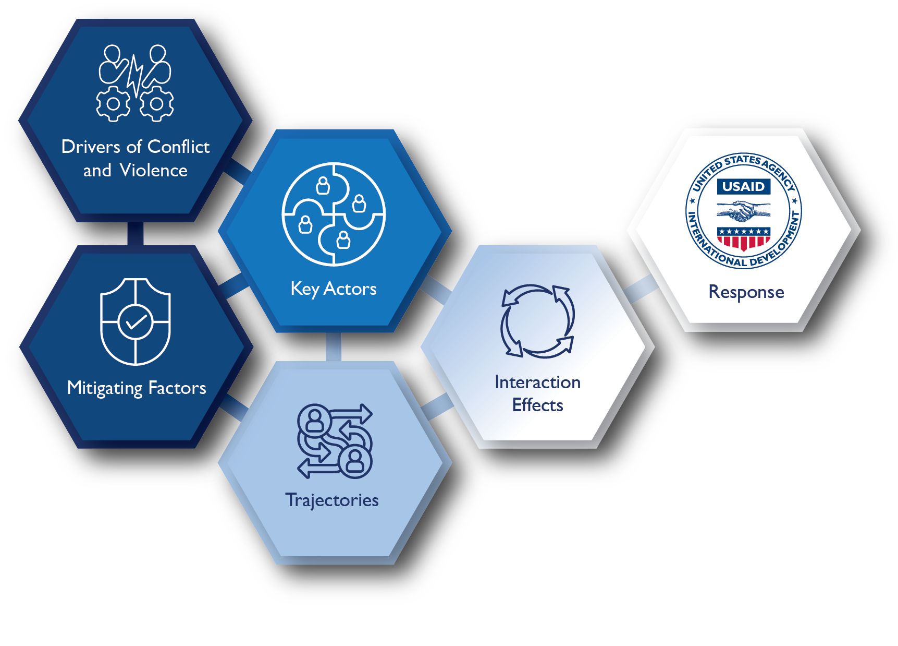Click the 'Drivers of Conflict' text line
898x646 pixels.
[136, 147]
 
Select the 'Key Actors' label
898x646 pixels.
[334, 289]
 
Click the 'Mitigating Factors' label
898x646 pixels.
[137, 388]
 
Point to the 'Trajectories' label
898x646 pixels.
[332, 500]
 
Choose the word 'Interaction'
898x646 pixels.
[537, 382]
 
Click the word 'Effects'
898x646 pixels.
[537, 405]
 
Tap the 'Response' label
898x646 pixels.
[746, 292]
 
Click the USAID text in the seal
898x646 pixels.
[743, 186]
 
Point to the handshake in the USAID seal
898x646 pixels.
[743, 211]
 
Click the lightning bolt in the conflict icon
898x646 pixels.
[136, 76]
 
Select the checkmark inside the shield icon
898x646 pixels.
[136, 322]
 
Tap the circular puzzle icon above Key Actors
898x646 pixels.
[334, 214]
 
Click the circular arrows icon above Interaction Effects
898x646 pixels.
[537, 321]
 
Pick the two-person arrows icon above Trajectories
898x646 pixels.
[335, 441]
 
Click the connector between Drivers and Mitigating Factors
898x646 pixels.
[136, 234]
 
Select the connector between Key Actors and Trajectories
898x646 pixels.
[334, 347]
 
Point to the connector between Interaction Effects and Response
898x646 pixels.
[641, 288]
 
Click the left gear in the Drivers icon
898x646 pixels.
[113, 104]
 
